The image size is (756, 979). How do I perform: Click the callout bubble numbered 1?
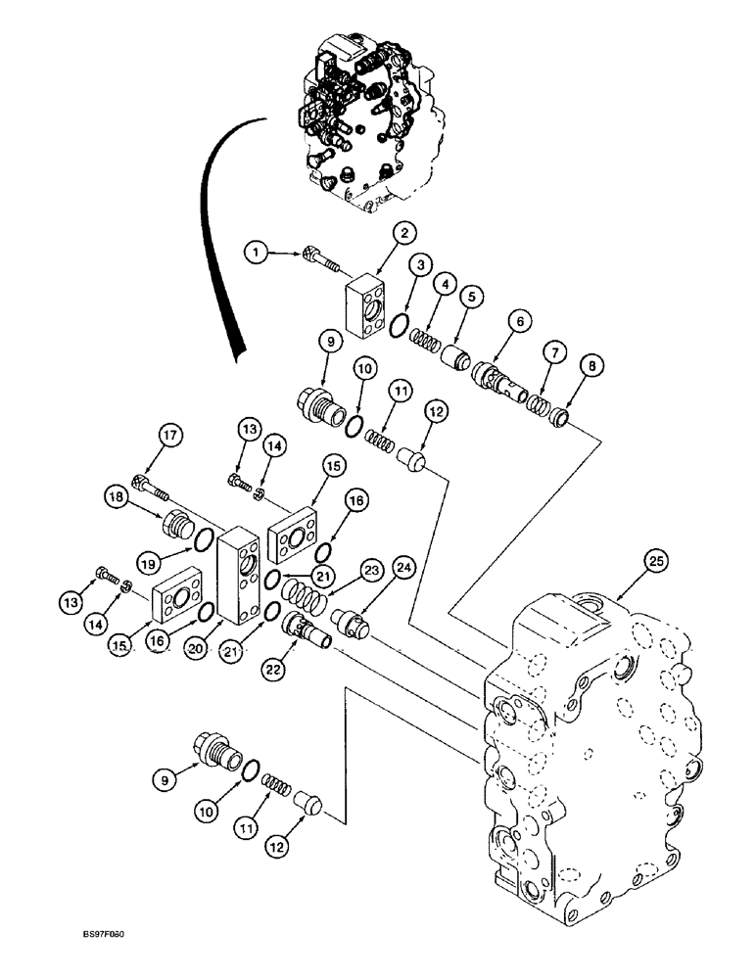tap(256, 254)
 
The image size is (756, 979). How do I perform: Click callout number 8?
tap(591, 366)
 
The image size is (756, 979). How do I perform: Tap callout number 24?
tap(402, 567)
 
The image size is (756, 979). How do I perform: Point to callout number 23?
tap(370, 568)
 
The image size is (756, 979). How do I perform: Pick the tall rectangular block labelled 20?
tap(239, 574)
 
